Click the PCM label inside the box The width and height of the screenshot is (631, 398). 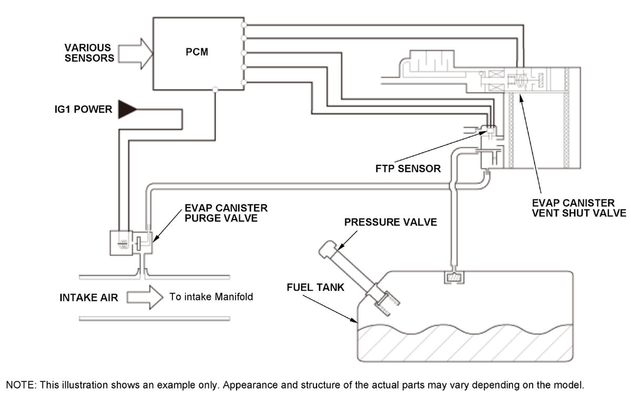tap(197, 52)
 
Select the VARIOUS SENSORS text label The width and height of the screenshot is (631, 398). tap(89, 53)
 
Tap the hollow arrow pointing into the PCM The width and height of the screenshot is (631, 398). tap(136, 54)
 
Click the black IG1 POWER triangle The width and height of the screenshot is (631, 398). tap(127, 109)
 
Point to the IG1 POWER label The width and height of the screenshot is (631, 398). tap(84, 109)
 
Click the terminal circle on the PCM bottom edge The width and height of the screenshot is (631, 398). tap(215, 90)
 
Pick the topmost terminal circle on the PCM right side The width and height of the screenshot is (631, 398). tap(244, 25)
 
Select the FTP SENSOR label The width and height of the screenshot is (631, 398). tap(408, 169)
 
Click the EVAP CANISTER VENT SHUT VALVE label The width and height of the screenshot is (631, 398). tap(579, 208)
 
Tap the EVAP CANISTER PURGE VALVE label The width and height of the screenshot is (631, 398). tap(226, 213)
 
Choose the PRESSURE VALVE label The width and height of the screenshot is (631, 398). tap(390, 222)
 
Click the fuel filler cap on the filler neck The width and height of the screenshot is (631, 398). tap(328, 249)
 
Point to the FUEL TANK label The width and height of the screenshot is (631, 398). tap(315, 287)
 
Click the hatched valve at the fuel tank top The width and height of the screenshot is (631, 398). tap(454, 277)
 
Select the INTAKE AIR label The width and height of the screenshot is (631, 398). tap(89, 298)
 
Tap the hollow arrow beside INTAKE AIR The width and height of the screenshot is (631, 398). tap(145, 297)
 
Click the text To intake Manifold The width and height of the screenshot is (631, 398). tap(211, 297)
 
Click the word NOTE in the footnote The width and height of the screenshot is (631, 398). tap(21, 385)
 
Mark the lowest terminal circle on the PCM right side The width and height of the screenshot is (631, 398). tap(244, 82)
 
